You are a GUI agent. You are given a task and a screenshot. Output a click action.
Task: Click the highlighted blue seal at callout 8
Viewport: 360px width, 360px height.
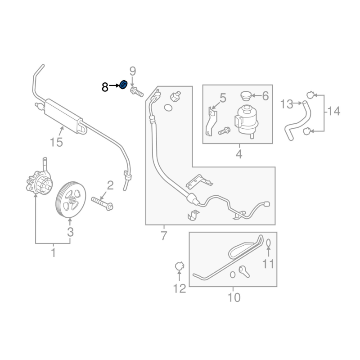tap(123, 85)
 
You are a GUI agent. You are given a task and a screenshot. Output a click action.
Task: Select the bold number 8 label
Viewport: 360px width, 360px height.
tap(105, 87)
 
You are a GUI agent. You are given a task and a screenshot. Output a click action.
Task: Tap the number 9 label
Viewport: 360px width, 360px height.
tap(132, 71)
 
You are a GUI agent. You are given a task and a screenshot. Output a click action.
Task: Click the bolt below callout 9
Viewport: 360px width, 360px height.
tap(136, 93)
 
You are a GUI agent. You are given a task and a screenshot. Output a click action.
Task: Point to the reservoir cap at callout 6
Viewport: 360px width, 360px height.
tap(245, 96)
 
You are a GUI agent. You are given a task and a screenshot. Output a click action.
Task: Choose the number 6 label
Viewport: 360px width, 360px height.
tap(265, 96)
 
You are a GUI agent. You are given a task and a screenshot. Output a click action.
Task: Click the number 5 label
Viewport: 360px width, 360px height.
tap(222, 98)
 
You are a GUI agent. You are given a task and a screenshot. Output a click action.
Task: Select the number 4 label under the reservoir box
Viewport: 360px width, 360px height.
tap(238, 155)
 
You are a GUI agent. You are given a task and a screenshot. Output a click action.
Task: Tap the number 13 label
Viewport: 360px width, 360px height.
tap(287, 104)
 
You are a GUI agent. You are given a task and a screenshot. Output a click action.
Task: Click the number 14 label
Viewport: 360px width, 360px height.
tap(334, 111)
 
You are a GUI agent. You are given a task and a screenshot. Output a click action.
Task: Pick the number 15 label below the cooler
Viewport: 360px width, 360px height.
tap(56, 143)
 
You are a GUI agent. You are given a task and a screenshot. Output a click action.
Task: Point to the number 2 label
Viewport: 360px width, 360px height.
tap(110, 185)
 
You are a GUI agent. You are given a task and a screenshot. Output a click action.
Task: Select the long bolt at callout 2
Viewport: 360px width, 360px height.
tap(102, 202)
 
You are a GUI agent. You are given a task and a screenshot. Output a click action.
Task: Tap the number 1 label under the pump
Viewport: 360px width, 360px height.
tap(53, 253)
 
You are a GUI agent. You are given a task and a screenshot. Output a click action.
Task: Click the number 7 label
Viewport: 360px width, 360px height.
tap(164, 235)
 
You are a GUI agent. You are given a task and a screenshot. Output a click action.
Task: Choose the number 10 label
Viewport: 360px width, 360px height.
tap(234, 297)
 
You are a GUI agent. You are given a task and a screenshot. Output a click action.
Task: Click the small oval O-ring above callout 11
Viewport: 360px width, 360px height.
tap(269, 243)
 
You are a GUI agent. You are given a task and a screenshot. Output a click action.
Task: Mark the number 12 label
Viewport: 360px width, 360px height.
tap(179, 288)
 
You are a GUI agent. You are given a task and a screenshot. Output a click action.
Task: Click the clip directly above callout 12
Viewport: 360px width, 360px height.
tap(179, 267)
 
